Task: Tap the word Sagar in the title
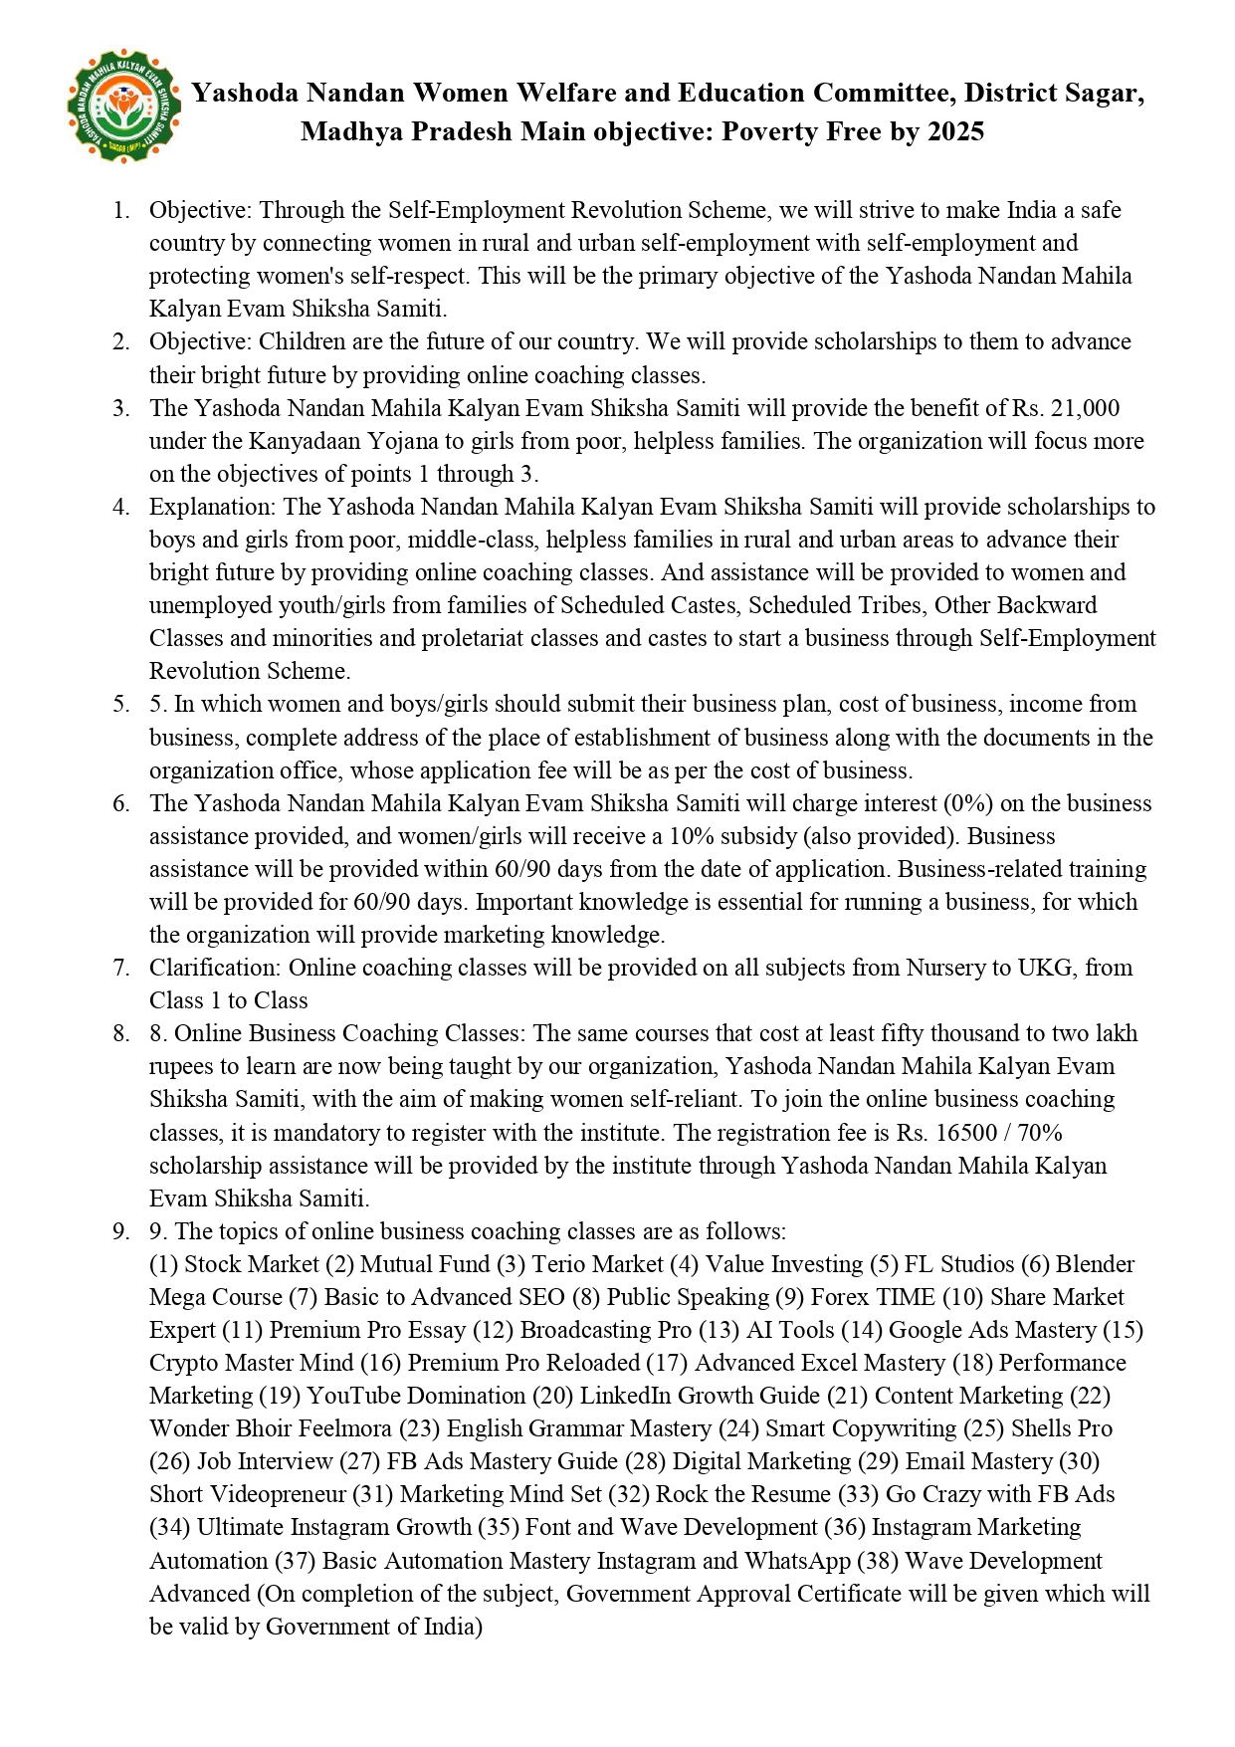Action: pyautogui.click(x=1102, y=94)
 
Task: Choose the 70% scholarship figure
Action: pyautogui.click(x=1041, y=1133)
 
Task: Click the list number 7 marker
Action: pyautogui.click(x=120, y=968)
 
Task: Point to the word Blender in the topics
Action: pyautogui.click(x=1095, y=1264)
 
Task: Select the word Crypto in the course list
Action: pyautogui.click(x=184, y=1363)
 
